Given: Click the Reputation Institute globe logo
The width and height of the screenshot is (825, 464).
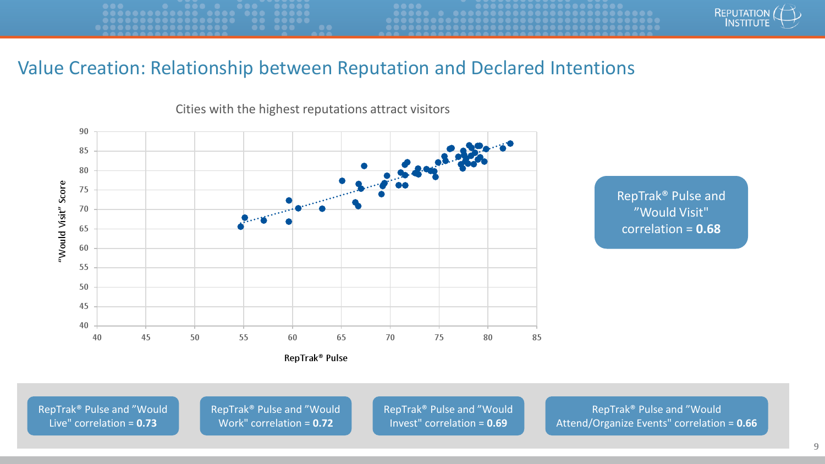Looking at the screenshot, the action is point(787,16).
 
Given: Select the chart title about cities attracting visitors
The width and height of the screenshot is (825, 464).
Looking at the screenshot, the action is point(312,109).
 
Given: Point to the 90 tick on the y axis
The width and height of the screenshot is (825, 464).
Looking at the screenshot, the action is point(84,131).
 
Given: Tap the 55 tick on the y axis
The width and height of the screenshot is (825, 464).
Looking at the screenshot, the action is point(84,267).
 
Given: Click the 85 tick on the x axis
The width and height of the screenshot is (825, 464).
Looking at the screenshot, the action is point(537,338).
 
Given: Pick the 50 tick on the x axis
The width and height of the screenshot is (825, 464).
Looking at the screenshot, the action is point(195,338).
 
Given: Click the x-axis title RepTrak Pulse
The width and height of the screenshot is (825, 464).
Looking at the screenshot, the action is point(316,358).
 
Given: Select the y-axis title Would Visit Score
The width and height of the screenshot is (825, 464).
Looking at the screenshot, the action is point(62,222).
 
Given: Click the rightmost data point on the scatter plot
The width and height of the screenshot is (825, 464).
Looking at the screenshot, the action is point(510,143).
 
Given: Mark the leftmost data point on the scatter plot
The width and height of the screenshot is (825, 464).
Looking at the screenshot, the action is point(240,227).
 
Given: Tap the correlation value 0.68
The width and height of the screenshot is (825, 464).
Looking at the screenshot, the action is point(708,229).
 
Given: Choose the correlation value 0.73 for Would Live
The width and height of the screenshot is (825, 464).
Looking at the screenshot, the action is point(147,423).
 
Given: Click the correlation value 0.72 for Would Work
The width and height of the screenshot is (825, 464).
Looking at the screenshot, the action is point(323,423).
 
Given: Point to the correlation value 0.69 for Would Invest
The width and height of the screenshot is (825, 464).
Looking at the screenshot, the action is point(497,423).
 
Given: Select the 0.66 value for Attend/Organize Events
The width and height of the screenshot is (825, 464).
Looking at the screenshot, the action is point(746,423).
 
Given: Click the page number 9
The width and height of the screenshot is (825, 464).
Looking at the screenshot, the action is point(816,447).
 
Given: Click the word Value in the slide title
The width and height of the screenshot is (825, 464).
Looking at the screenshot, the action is point(41,68).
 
